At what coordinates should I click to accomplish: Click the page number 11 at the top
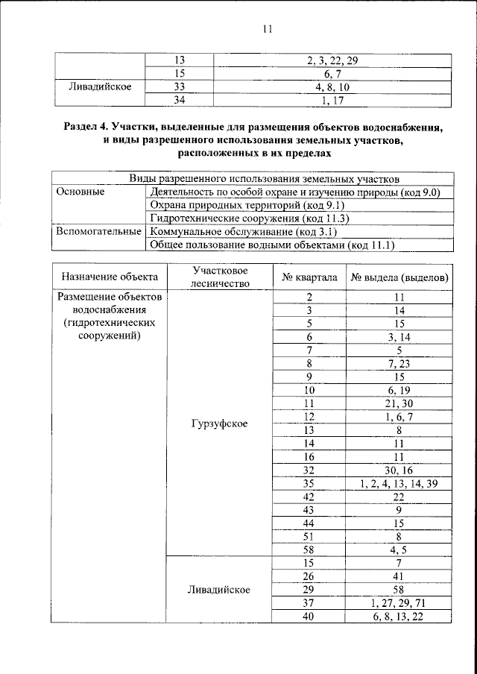tap(268, 29)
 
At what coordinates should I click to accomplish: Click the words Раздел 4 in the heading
tap(90, 128)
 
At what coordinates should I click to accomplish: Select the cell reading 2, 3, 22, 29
tap(332, 60)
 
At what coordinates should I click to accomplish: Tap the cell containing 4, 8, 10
tap(332, 86)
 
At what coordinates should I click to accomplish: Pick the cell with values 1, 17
tap(332, 100)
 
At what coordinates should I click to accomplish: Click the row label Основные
tap(81, 192)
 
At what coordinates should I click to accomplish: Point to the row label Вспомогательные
tap(95, 231)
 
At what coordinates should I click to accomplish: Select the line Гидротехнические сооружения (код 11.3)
tap(250, 218)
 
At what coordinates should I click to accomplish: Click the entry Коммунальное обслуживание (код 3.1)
tap(241, 231)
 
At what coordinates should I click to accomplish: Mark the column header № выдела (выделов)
tap(399, 277)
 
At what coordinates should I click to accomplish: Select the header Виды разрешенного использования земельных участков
tap(264, 178)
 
